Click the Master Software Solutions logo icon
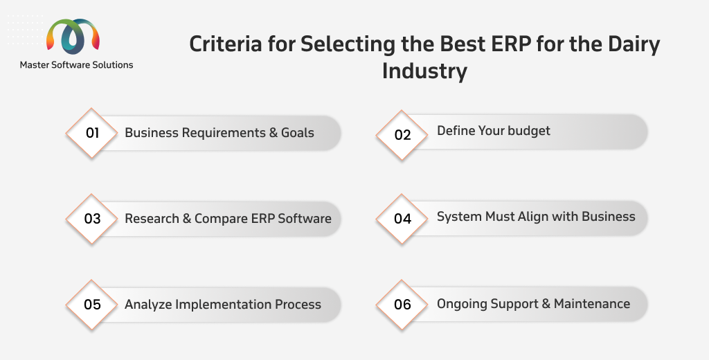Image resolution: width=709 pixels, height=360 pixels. point(73,36)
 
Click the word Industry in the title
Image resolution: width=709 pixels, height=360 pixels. point(424,71)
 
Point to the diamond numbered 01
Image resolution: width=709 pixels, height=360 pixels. point(92,133)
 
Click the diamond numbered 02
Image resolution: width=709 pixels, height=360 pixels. point(402,135)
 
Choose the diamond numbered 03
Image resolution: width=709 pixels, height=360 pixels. point(92,219)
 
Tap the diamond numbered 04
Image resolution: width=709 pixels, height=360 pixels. point(402,219)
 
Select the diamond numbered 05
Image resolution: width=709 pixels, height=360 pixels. point(92,305)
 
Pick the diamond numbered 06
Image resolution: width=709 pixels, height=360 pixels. point(402,305)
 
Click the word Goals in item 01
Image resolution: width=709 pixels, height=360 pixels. point(298,132)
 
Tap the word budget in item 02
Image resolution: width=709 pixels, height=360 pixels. point(528,131)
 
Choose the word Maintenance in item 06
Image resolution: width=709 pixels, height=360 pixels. point(592,303)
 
